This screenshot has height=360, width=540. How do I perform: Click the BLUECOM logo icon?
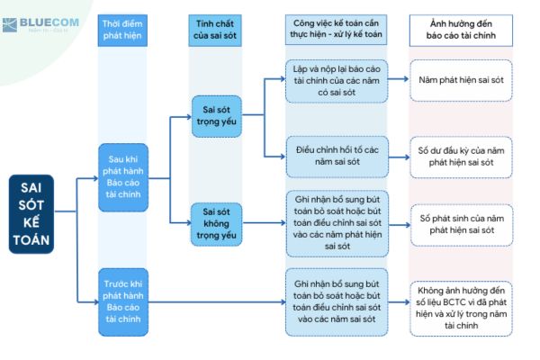click(x=9, y=25)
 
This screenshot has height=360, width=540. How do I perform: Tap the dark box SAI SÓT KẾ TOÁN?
click(x=31, y=214)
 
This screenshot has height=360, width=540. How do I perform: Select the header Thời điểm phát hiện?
click(x=122, y=31)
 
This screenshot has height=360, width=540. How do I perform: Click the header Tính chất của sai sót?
click(x=215, y=31)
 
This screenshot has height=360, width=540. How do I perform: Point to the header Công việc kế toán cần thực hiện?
click(x=336, y=30)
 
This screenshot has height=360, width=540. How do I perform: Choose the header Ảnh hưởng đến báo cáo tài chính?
click(x=461, y=31)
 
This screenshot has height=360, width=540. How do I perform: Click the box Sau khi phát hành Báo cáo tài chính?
click(x=123, y=177)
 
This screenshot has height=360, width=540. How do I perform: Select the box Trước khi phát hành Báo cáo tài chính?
click(x=123, y=302)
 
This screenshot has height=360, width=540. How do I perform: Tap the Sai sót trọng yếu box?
click(x=217, y=116)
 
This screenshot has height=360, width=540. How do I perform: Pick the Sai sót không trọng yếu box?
click(x=217, y=224)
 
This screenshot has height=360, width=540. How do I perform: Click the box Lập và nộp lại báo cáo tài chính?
click(x=337, y=81)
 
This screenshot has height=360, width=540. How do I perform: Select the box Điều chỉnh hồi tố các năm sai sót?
click(x=337, y=157)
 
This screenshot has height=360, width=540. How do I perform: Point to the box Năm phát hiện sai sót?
click(x=461, y=80)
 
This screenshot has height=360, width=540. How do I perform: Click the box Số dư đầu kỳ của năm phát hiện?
click(x=461, y=157)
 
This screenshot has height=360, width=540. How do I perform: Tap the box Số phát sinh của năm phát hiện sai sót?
click(x=462, y=225)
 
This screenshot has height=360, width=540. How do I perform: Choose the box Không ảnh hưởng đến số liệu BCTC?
click(x=461, y=309)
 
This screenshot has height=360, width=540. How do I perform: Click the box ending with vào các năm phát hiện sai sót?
click(x=337, y=223)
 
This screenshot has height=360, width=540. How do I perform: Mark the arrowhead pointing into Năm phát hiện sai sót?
click(x=406, y=79)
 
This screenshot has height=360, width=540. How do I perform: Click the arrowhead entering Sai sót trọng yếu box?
click(x=189, y=117)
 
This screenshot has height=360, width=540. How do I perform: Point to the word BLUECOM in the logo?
click(x=49, y=22)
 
